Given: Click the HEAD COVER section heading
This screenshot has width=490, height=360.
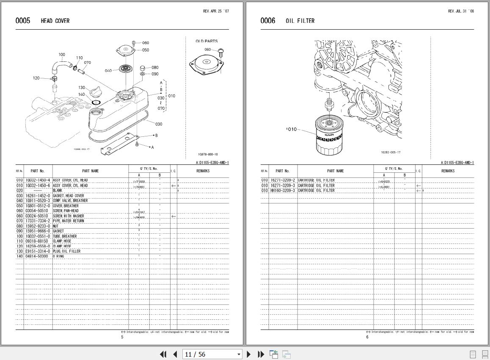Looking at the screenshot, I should pos(55,21).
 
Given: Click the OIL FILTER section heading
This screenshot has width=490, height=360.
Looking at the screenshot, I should pos(300,21).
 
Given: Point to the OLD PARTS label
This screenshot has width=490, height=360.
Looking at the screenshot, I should pos(206,41).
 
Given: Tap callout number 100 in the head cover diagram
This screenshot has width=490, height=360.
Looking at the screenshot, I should pos(62,55).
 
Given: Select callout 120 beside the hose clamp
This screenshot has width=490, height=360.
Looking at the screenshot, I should pos(36,78).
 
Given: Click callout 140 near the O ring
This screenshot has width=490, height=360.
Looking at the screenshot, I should pos(81,94).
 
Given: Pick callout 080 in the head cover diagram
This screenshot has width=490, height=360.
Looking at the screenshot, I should pos(155,67).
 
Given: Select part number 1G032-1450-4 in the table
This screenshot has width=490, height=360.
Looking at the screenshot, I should pos(38,180).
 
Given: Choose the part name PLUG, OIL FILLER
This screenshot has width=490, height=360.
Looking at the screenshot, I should pos(66,251).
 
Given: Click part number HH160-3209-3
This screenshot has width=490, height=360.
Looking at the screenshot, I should pos(283,191).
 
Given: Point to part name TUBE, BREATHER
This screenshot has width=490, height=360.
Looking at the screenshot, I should pos(65,236).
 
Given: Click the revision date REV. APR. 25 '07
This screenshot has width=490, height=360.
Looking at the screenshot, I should pos(216,11).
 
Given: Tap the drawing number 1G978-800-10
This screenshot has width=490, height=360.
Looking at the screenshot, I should pos(210,155).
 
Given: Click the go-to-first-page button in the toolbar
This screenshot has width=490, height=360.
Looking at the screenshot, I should pos(163,354).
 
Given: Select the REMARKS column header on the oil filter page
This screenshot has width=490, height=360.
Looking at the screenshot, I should pos(448,171).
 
